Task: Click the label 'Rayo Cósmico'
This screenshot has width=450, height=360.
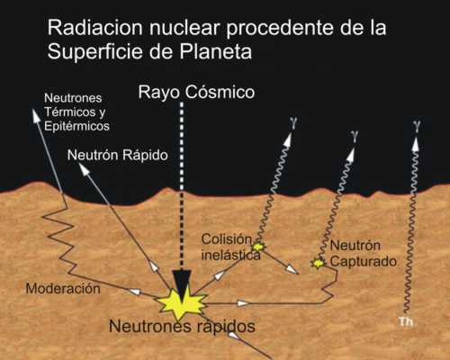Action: (x=196, y=92)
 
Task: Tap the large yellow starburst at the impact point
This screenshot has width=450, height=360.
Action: (x=183, y=303)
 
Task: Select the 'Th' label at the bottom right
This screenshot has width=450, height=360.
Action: (x=406, y=321)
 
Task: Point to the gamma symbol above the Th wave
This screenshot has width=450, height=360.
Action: (x=417, y=125)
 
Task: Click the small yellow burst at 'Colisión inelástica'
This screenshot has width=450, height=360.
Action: (x=258, y=247)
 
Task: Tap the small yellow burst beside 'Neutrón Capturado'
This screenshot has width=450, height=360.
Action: (x=318, y=263)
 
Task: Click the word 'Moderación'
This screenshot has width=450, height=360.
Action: (x=63, y=289)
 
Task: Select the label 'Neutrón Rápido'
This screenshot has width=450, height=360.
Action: (x=118, y=155)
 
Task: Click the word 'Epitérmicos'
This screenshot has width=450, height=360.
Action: (x=76, y=126)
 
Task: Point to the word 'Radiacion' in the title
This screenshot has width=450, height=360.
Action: (x=94, y=28)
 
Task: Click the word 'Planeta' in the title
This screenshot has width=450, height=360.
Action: (x=216, y=51)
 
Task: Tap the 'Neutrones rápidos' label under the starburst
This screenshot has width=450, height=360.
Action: (x=182, y=326)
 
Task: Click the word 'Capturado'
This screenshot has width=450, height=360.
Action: (x=364, y=262)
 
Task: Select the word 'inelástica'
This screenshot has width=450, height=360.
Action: (x=230, y=255)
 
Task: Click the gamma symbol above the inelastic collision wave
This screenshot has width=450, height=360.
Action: (x=294, y=123)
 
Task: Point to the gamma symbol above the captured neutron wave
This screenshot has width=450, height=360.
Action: (x=355, y=136)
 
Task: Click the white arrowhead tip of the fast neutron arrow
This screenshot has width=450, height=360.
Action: (x=80, y=164)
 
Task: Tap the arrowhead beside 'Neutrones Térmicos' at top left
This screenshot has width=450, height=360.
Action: (x=32, y=109)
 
